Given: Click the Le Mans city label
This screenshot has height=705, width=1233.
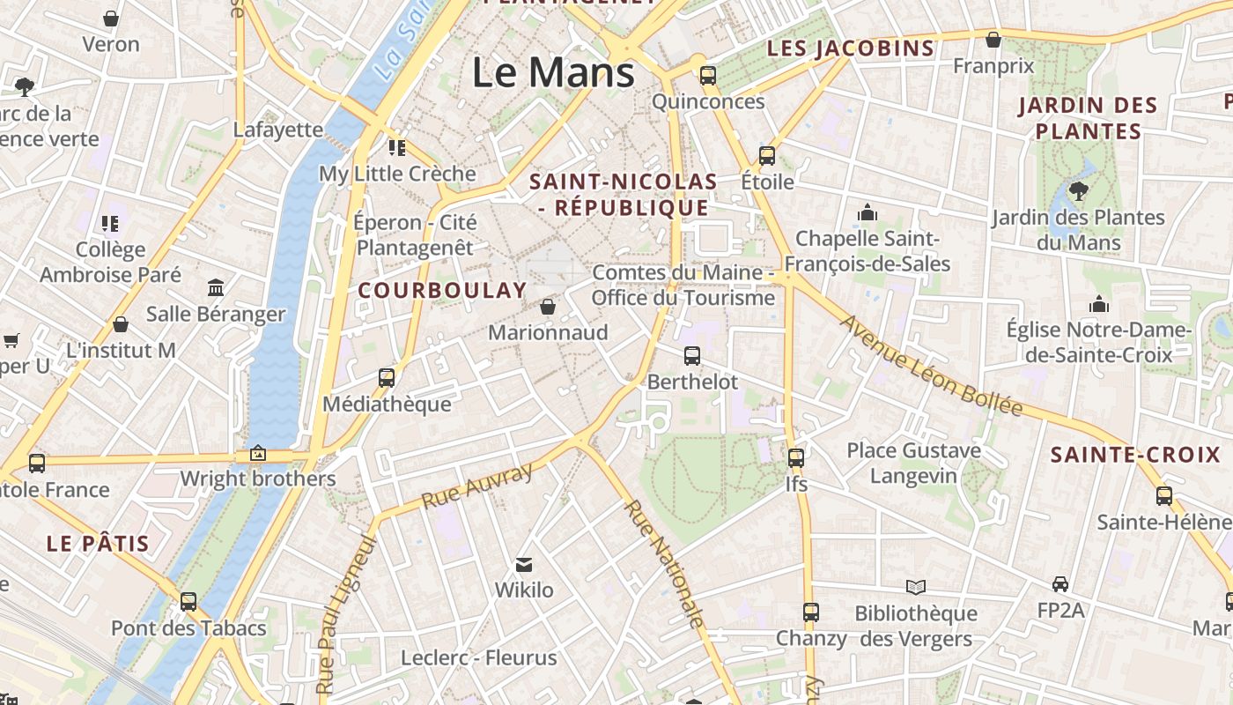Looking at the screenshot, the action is tap(553, 72).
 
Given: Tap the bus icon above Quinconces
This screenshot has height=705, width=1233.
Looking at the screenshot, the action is tap(708, 76).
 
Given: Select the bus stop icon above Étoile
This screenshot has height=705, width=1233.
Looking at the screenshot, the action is tap(767, 156).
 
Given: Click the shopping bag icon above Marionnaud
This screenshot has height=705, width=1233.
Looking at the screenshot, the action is tap(548, 307).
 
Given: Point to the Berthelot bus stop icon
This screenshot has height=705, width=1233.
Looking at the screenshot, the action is tap(692, 356).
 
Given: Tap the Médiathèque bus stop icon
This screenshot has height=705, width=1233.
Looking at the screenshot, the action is tap(387, 378).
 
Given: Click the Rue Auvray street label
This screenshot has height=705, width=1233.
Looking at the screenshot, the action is tap(477, 486).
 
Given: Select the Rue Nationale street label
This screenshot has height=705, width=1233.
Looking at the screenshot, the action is tap(665, 564).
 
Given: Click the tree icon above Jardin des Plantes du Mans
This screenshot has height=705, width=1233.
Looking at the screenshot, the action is tap(1078, 190).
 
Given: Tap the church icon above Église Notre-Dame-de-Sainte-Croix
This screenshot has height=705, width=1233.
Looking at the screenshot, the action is tap(1098, 304).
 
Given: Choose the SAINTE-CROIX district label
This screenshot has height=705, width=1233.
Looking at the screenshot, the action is tap(1135, 456).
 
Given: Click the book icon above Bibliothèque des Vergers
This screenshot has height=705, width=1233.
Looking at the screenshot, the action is tap(916, 587).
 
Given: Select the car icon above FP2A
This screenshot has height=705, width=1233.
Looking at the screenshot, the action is tap(1060, 583).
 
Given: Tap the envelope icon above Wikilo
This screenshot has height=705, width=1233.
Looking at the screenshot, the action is tap(524, 564).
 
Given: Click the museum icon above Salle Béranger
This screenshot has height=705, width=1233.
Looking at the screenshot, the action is tap(216, 287).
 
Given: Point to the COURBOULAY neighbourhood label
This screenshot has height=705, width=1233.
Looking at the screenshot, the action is tap(442, 290).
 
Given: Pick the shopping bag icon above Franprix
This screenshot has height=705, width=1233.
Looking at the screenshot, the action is tap(993, 40).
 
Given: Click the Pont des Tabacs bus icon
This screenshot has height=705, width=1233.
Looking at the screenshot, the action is tap(188, 602).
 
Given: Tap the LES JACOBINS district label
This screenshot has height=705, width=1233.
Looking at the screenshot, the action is tap(851, 48).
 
